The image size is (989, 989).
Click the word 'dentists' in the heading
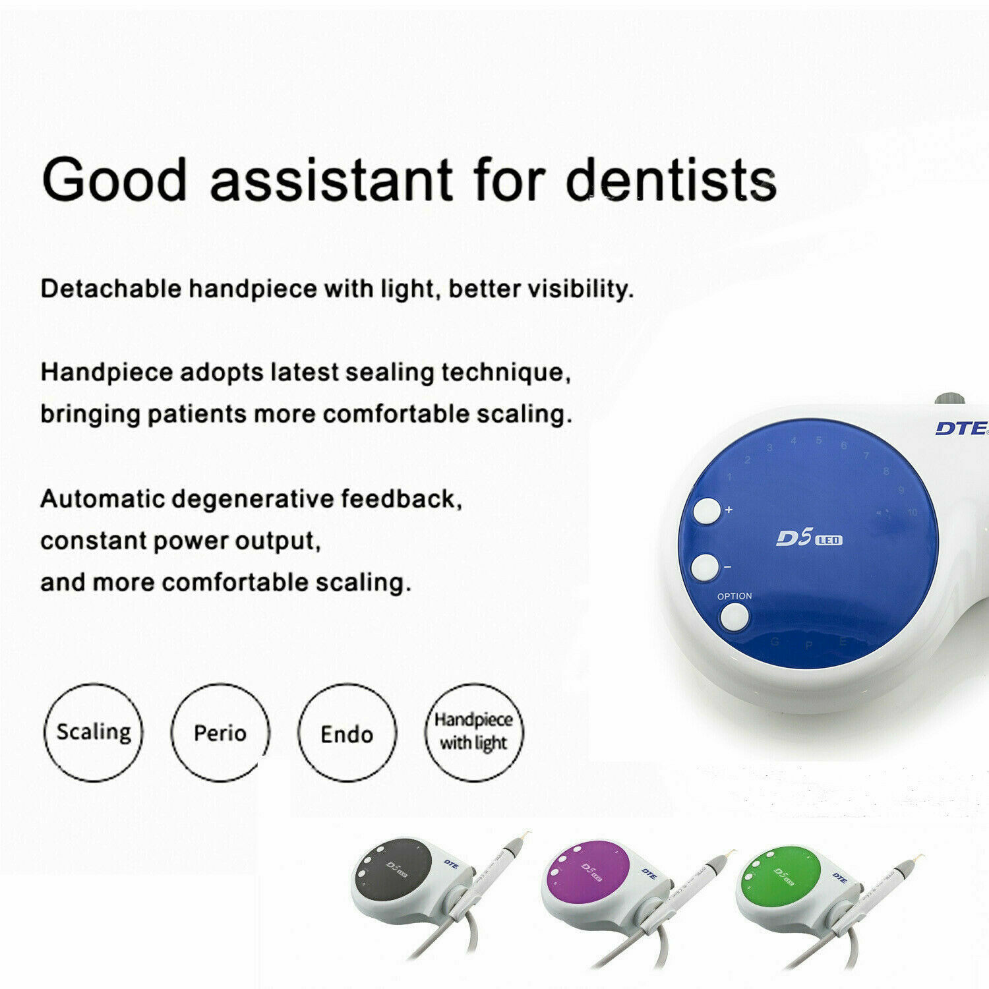click(x=671, y=179)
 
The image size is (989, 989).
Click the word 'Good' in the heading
click(x=115, y=179)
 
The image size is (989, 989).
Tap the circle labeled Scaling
click(x=94, y=733)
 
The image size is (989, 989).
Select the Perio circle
click(x=220, y=733)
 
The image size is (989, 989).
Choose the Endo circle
click(x=347, y=733)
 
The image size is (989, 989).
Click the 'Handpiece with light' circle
click(x=473, y=732)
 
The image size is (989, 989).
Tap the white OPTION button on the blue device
click(x=734, y=618)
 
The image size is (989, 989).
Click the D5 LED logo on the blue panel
click(x=808, y=539)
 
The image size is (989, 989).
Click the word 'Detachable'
click(x=111, y=289)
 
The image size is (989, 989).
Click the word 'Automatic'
click(x=102, y=499)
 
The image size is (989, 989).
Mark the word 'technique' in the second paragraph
click(x=504, y=373)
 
